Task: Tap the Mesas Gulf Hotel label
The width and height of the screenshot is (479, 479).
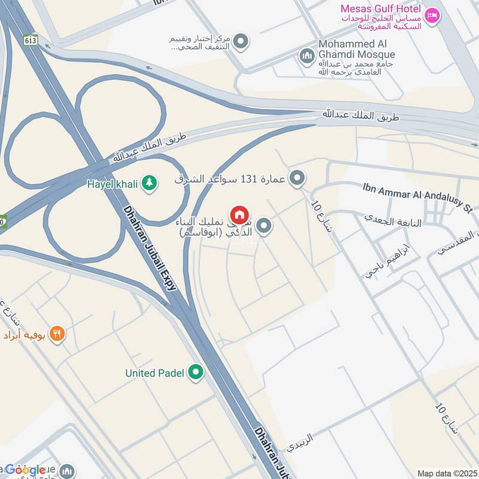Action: tap(380, 9)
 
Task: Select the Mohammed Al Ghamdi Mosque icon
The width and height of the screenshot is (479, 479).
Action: tap(307, 56)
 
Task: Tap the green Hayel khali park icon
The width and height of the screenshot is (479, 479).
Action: tap(150, 184)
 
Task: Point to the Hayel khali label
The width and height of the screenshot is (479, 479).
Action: tap(113, 184)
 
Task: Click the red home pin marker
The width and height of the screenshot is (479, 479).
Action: tap(239, 215)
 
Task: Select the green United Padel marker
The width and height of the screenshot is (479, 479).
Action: tap(195, 372)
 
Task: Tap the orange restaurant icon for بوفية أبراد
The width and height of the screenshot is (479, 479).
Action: tap(57, 334)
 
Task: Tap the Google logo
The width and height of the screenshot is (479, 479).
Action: tap(25, 469)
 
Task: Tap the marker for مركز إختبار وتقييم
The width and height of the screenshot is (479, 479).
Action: tap(241, 41)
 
